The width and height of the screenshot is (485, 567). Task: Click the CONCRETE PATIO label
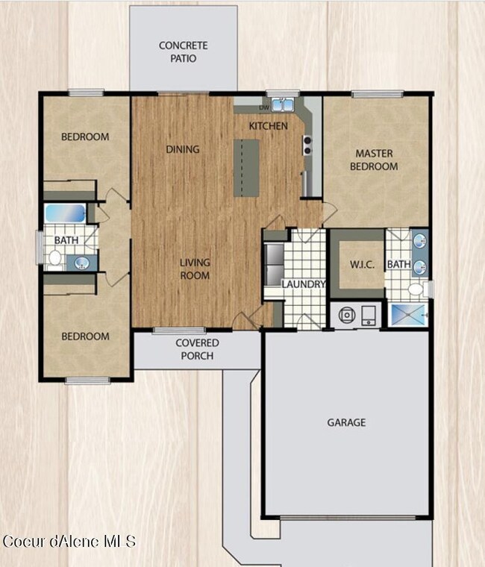point(184,51)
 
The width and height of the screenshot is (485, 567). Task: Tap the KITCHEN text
point(268,126)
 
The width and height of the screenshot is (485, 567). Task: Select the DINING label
point(183,149)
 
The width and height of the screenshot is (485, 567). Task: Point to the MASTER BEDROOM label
point(374,160)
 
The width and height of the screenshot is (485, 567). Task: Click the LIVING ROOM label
point(194,269)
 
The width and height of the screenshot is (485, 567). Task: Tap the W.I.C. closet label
point(357,265)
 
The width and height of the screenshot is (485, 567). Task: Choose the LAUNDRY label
point(304,284)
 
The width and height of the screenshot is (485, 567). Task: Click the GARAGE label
point(347,422)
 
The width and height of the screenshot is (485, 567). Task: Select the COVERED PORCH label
point(197,348)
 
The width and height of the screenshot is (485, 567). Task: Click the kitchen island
point(246,168)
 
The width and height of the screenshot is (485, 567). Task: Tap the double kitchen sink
point(283,104)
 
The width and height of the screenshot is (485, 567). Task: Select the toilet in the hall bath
point(54,258)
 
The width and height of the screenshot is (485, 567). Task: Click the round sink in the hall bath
point(81,262)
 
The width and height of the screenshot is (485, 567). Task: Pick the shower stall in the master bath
point(408,314)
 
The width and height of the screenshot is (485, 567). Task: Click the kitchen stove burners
point(307,145)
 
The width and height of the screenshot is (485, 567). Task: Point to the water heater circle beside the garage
point(346,315)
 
